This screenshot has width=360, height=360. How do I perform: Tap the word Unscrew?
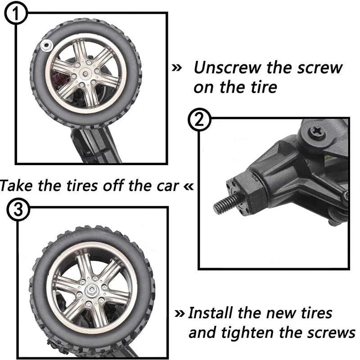[229, 68]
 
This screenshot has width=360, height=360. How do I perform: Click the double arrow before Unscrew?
[177, 68]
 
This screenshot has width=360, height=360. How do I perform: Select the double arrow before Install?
[180, 313]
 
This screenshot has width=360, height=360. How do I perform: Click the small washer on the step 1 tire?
[45, 45]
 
